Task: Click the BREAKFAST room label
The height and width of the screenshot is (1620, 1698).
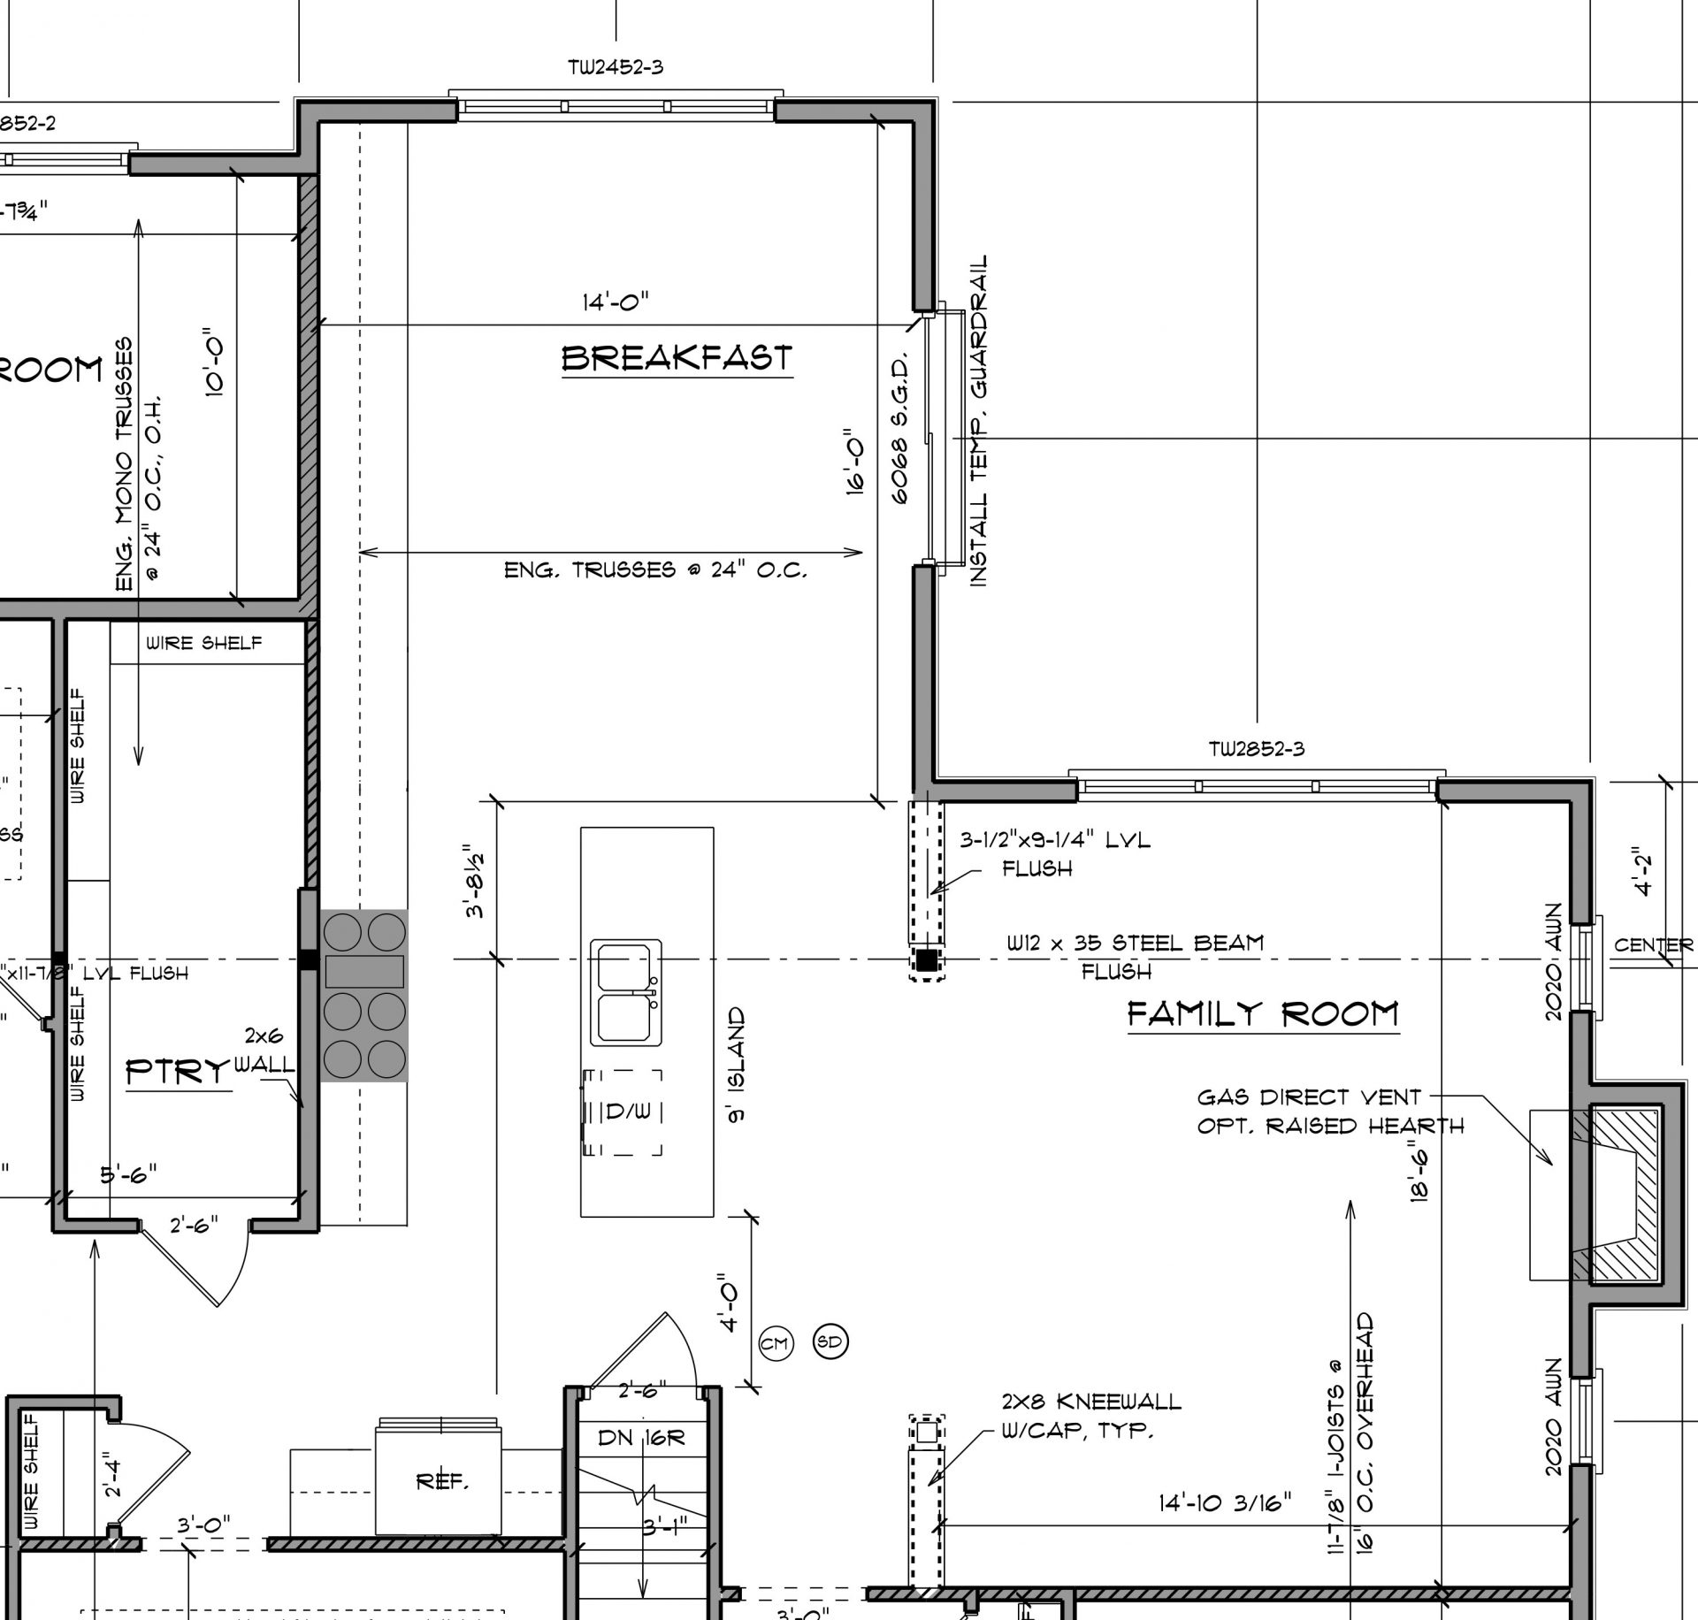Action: coord(677,358)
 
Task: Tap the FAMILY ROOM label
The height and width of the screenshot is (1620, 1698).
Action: coord(1263,1013)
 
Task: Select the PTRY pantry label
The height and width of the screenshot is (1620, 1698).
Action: coord(177,1073)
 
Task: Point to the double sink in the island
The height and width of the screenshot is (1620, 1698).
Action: coord(626,993)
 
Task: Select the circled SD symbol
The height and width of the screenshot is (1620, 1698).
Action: coord(830,1342)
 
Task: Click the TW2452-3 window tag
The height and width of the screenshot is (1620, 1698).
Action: coord(616,68)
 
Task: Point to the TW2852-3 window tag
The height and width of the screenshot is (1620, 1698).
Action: coord(1256,750)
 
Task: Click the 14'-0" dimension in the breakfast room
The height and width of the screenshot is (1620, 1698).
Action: coord(615,302)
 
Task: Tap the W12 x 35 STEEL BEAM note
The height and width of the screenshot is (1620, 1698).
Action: coord(1135,943)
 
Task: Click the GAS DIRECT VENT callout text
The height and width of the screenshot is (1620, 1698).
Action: coord(1309,1097)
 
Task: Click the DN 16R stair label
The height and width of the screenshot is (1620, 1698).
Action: coord(641,1438)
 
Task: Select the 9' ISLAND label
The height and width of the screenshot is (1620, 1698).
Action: coord(736,1065)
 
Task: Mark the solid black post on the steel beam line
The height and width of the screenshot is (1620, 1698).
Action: coord(926,959)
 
